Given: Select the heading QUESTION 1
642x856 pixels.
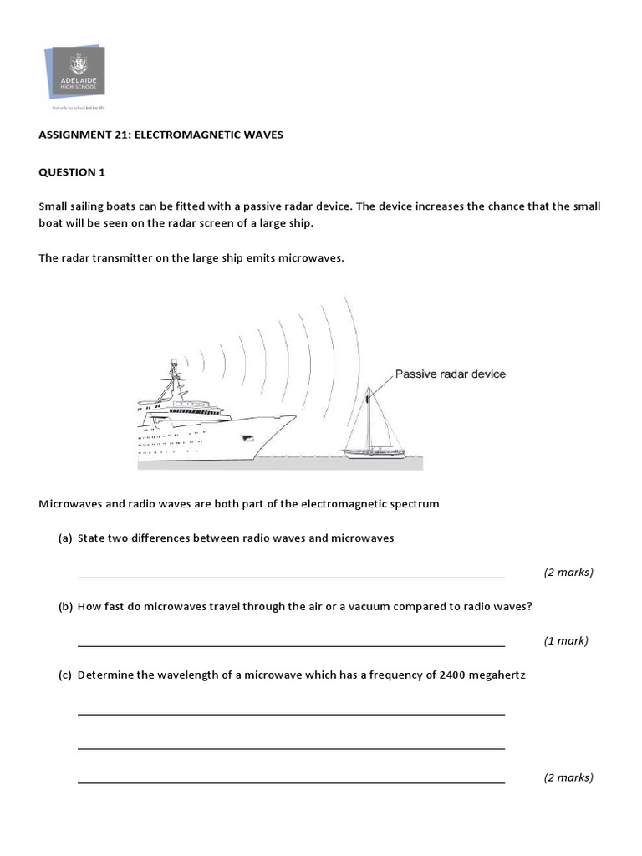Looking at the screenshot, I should [73, 172].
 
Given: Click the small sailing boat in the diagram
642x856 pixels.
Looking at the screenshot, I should [372, 431].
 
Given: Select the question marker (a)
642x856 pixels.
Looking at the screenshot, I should [65, 538].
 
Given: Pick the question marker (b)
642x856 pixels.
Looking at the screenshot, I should [65, 607].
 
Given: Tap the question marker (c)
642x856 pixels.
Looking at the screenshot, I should [65, 675].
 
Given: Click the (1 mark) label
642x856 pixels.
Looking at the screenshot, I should [566, 641].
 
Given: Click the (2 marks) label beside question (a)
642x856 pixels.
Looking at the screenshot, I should [568, 573].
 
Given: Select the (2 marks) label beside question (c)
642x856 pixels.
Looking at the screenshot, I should [568, 777].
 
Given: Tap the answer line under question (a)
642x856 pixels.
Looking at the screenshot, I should [291, 577].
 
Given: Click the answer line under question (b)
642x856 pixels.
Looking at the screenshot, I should [291, 645].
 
